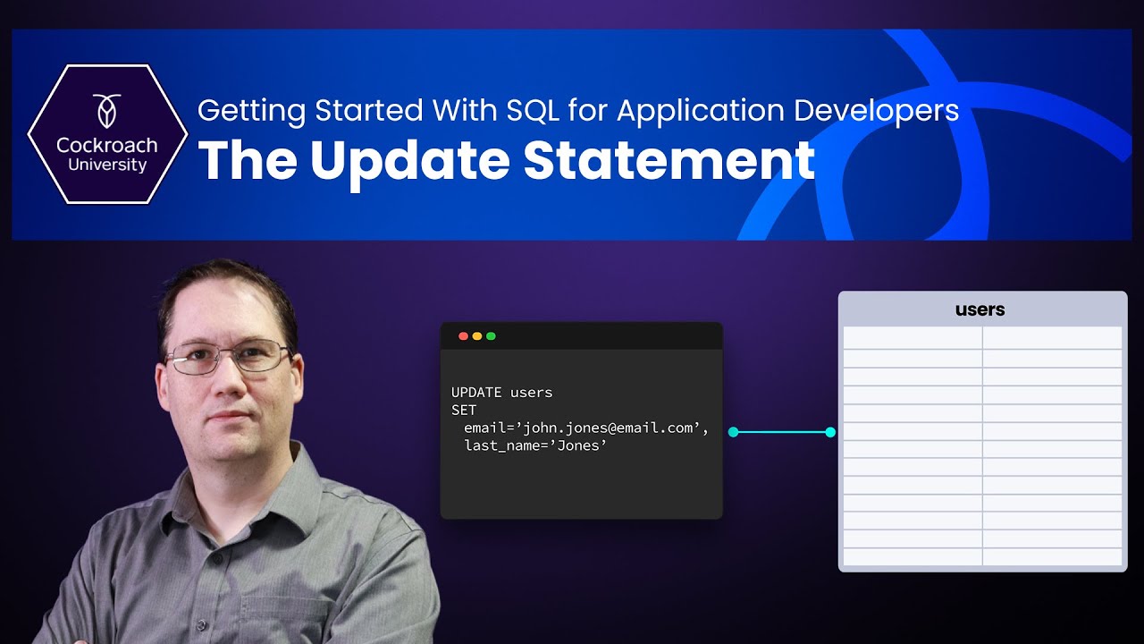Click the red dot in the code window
tap(463, 336)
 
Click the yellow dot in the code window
tap(477, 336)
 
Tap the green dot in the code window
tap(491, 336)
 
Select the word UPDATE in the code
tap(476, 393)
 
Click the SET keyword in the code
tap(464, 410)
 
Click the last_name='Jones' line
tap(535, 445)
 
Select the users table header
tap(980, 309)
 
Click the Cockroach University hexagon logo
tap(107, 135)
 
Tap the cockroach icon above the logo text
tap(107, 110)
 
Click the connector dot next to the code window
tap(734, 432)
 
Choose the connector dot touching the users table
tap(830, 432)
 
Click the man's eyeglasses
tap(229, 357)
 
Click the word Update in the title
tap(411, 160)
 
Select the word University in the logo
tap(107, 165)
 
